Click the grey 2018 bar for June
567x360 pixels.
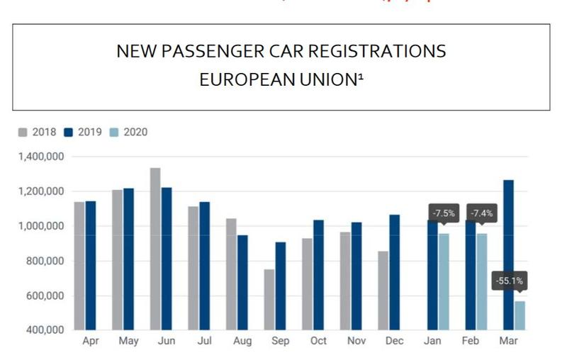coord(155,248)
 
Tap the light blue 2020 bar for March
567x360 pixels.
coord(520,315)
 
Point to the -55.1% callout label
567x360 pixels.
coord(509,281)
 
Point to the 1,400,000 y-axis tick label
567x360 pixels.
coord(41,157)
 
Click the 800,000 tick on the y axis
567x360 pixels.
coord(45,261)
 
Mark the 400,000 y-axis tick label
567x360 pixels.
coord(45,330)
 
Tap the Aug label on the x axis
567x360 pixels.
coord(242,342)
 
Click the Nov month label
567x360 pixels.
coord(357,342)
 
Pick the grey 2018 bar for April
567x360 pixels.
coord(79,266)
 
